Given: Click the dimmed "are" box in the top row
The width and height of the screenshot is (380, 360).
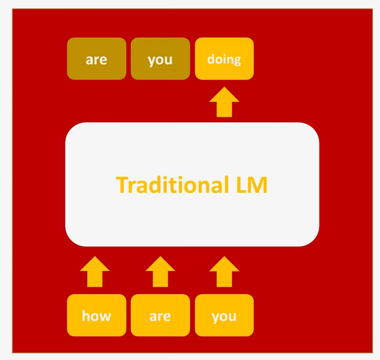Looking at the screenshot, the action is [96, 59].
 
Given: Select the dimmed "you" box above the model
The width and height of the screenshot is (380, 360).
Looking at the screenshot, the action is [160, 59].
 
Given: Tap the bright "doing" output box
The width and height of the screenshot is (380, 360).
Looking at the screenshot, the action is [224, 59].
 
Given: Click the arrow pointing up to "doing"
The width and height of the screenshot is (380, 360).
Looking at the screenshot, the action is [224, 102].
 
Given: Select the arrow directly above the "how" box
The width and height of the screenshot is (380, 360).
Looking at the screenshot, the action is [95, 271].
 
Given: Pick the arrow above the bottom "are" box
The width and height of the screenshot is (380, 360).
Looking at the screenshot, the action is [160, 271].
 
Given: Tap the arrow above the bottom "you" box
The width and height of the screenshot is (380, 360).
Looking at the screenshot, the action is [224, 271].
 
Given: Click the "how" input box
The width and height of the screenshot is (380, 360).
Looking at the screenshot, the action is [96, 315].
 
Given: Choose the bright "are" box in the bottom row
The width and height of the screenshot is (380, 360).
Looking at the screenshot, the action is [160, 315].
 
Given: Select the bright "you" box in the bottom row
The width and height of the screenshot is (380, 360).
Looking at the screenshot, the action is [224, 315].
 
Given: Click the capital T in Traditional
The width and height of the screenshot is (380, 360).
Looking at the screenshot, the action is [122, 185].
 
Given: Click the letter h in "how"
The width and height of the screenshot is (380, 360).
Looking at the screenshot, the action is [87, 315].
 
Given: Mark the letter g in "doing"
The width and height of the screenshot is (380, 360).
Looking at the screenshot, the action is [236, 60].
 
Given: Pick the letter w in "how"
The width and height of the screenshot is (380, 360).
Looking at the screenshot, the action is [106, 316].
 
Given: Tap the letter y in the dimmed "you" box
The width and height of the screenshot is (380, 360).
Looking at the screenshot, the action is [151, 61].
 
